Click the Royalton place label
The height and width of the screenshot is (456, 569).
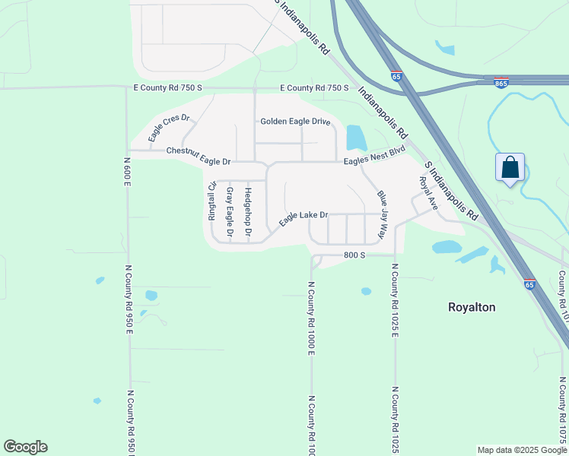[x=472, y=307]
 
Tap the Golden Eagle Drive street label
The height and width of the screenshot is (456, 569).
[x=295, y=122]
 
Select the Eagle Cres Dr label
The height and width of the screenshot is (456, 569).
[x=168, y=128]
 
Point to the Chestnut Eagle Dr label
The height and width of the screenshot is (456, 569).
[x=198, y=156]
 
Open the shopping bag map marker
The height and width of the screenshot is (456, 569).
[x=510, y=168]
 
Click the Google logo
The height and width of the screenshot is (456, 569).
[x=25, y=447]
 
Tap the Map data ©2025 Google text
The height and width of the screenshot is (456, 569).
[x=522, y=450]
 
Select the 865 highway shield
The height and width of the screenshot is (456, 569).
[x=501, y=84]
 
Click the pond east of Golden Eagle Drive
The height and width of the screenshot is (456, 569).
[x=355, y=138]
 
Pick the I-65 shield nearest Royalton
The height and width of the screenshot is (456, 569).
[x=529, y=284]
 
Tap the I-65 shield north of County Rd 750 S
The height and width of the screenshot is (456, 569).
[x=396, y=77]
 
